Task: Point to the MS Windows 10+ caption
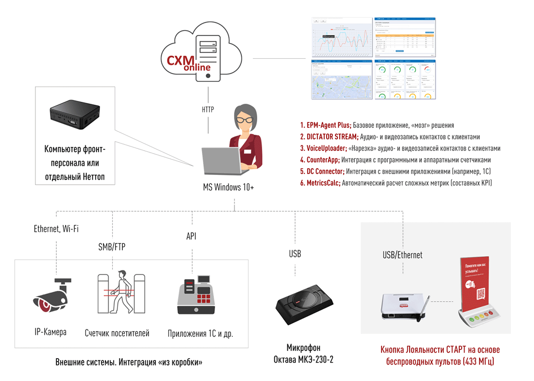pos(228,187)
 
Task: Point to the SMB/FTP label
pos(112,247)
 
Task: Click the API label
pos(191,236)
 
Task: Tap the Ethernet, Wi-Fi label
pos(56,229)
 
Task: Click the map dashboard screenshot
pos(341,80)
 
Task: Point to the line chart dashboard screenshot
pos(341,38)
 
